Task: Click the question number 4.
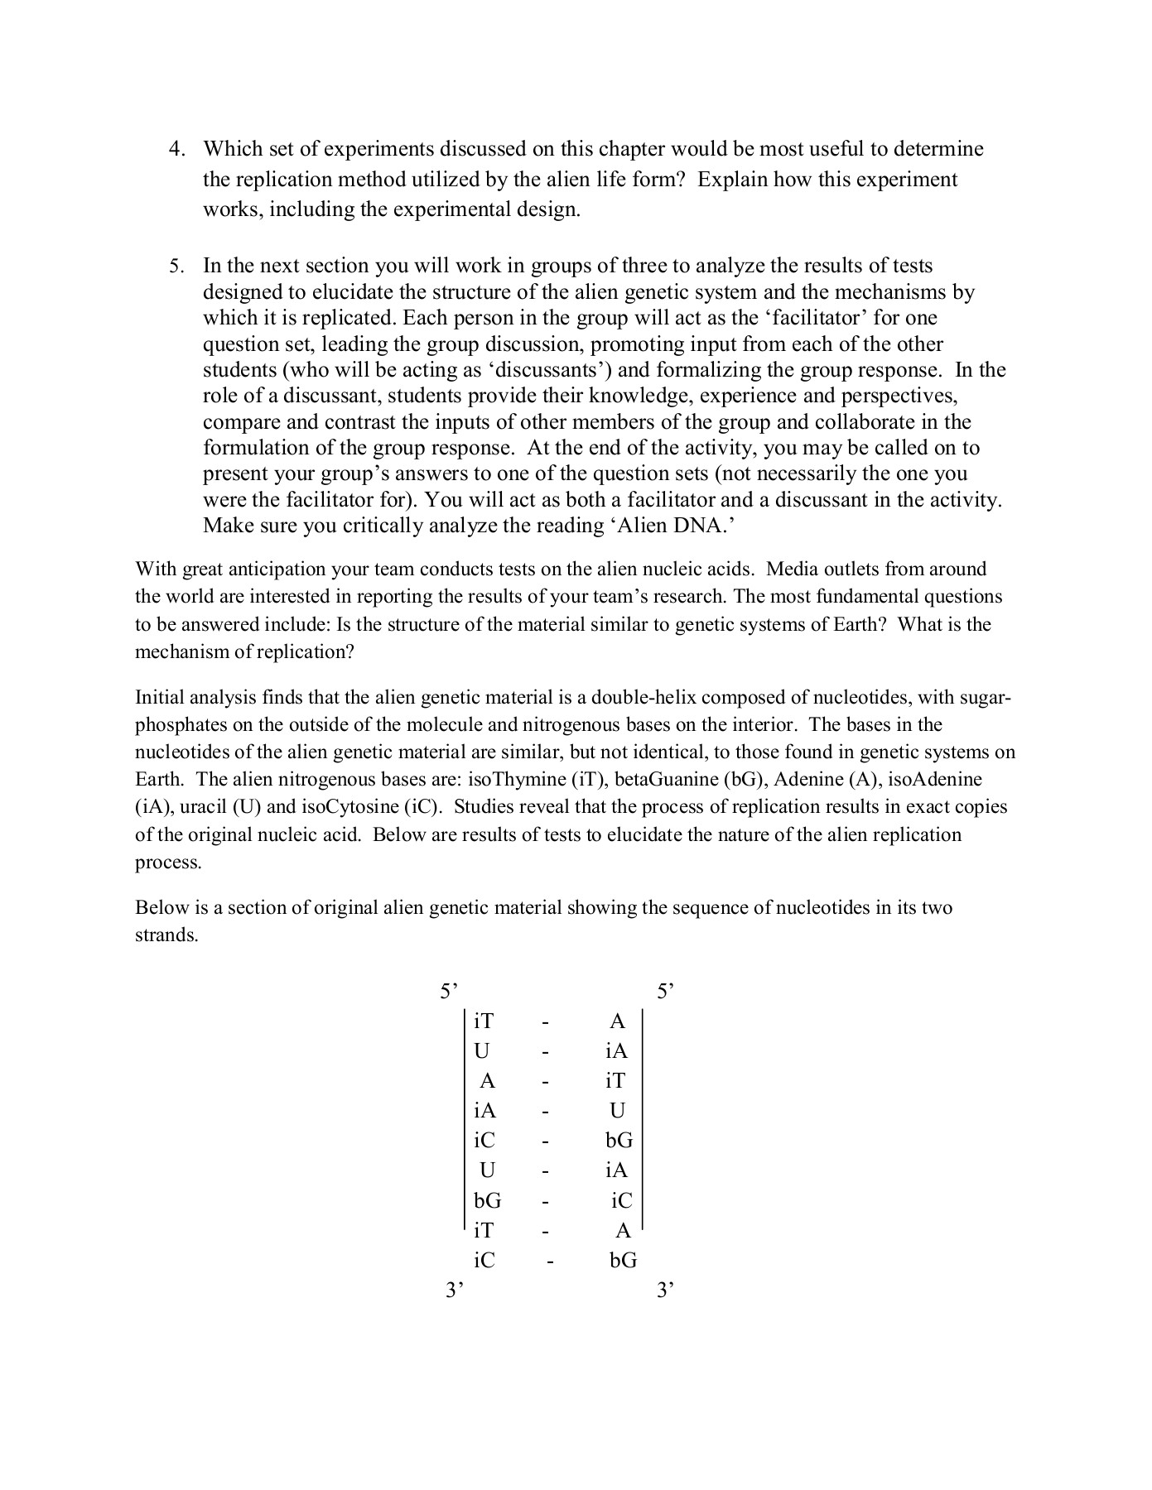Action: pyautogui.click(x=176, y=150)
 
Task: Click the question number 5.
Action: pyautogui.click(x=176, y=267)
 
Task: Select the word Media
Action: pyautogui.click(x=793, y=570)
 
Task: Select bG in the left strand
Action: pyautogui.click(x=487, y=1200)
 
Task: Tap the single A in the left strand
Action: pyautogui.click(x=487, y=1081)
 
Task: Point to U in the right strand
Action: pyautogui.click(x=617, y=1111)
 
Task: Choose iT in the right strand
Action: pyautogui.click(x=615, y=1081)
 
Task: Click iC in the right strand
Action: pyautogui.click(x=621, y=1200)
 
